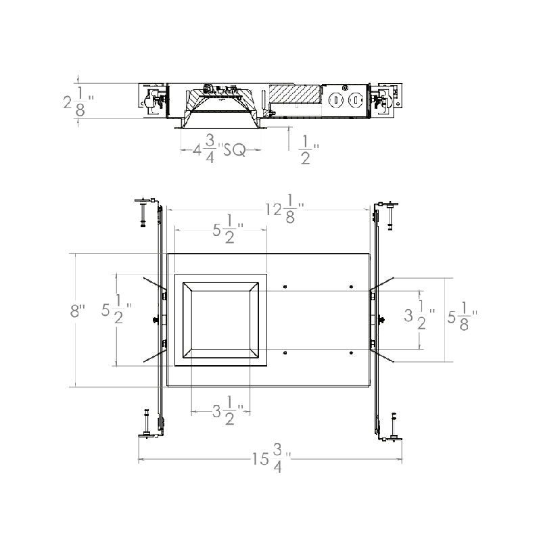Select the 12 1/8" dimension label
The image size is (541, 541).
pos(285,209)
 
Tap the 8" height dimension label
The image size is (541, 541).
pos(77,311)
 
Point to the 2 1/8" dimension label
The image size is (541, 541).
pos(78,102)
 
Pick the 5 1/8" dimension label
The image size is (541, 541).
pos(463,316)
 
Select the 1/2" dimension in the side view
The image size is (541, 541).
pos(310,149)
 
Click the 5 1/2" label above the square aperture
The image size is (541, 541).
pos(228,229)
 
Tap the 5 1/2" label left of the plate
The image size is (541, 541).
pos(117,309)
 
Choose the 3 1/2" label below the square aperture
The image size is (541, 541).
pos(228,410)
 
